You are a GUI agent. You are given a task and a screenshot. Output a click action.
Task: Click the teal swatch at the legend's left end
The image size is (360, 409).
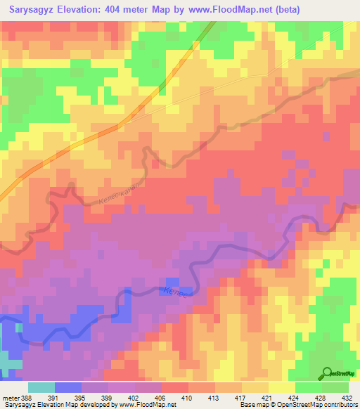(x=41, y=387)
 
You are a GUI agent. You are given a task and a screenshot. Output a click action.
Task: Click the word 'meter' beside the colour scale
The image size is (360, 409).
(x=11, y=397)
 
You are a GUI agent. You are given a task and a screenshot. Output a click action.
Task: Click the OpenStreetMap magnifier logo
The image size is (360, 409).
(x=326, y=375)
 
